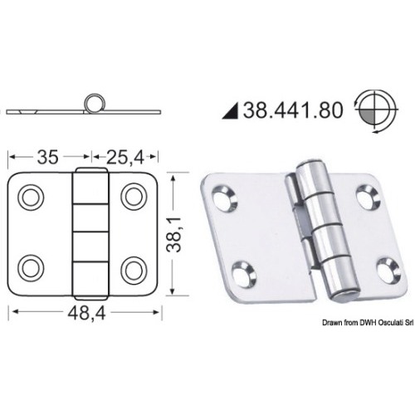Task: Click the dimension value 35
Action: point(47,157)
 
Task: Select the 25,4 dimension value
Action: point(125,158)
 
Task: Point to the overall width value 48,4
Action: point(86,314)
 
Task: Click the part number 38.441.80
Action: point(293,110)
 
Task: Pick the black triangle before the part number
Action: point(230,110)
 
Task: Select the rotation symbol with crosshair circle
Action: point(376,110)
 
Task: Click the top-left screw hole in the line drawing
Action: point(31,198)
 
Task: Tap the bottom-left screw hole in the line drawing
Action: point(31,268)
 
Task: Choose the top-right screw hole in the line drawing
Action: point(134,197)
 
